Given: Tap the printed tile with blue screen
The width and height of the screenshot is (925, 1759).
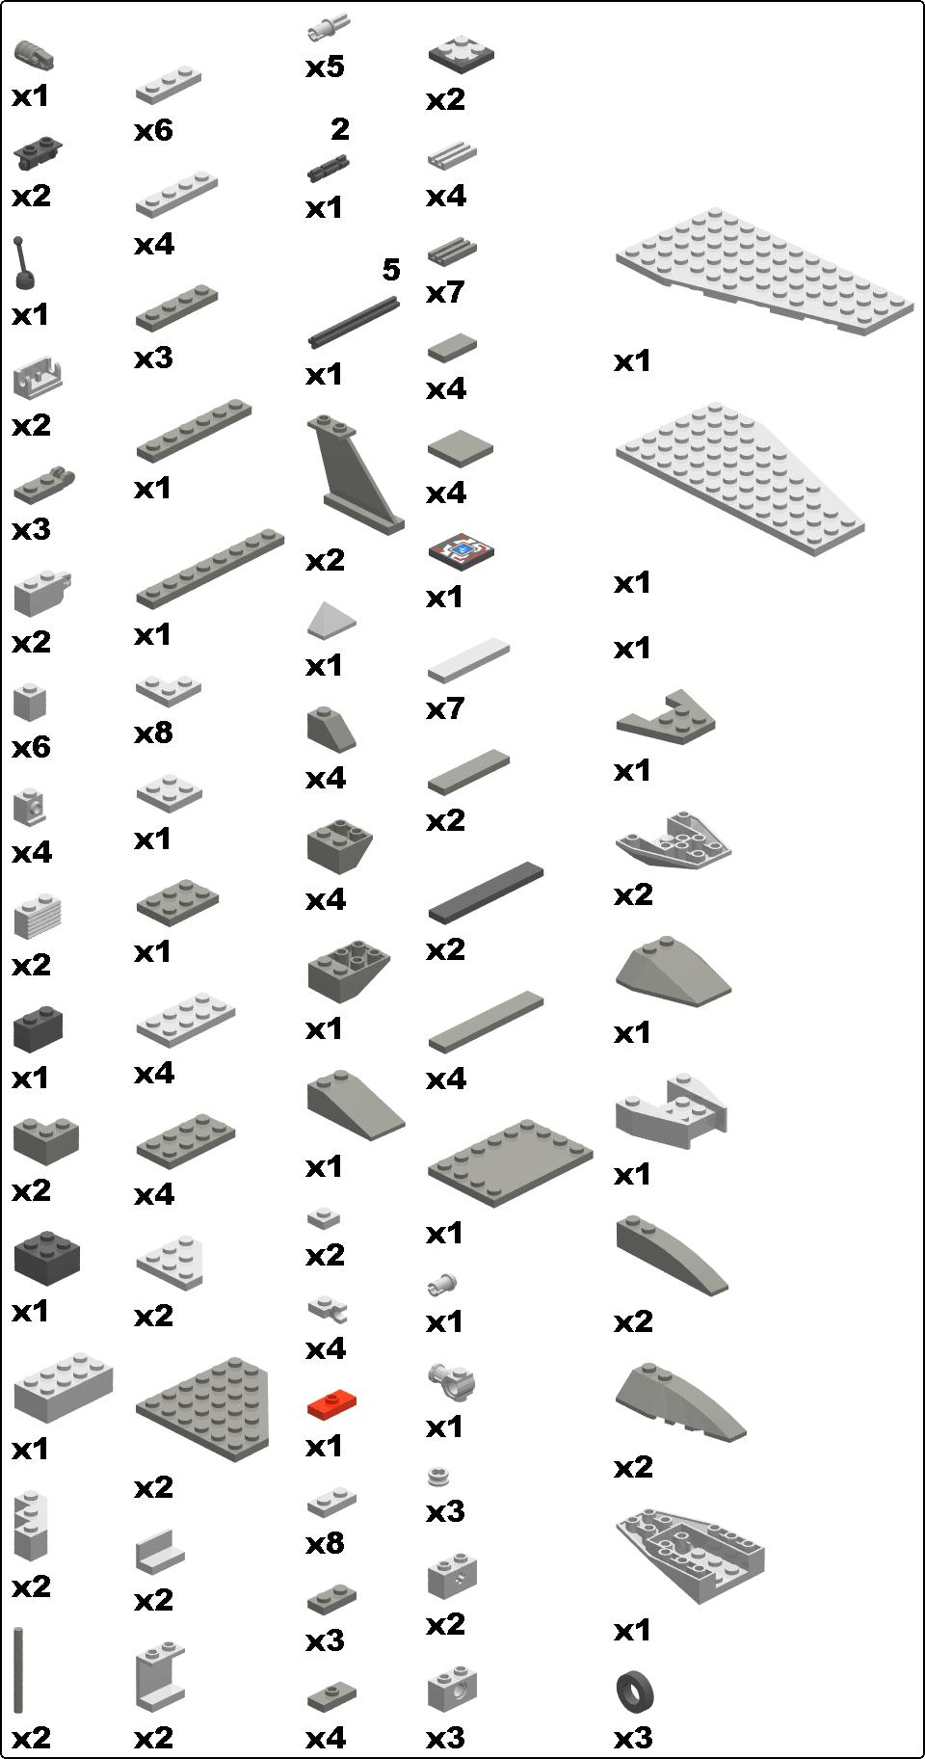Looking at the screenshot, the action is pyautogui.click(x=462, y=552).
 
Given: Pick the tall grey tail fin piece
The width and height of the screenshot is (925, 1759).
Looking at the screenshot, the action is pyautogui.click(x=356, y=473).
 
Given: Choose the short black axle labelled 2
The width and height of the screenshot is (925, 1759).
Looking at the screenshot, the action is pyautogui.click(x=328, y=167).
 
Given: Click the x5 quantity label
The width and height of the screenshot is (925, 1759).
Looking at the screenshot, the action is pyautogui.click(x=325, y=67).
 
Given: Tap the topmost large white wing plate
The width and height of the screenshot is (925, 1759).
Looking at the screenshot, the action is pyautogui.click(x=764, y=269).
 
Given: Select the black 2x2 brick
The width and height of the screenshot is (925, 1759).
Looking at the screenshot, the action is pyautogui.click(x=46, y=1257).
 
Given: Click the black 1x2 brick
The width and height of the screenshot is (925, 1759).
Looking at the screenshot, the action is pyautogui.click(x=39, y=1028).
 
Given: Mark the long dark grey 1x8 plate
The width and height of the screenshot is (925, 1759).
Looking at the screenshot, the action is pyautogui.click(x=210, y=568).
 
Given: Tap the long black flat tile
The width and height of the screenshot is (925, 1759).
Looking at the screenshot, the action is pyautogui.click(x=486, y=892).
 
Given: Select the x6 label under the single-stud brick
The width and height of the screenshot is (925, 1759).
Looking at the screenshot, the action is pyautogui.click(x=31, y=747).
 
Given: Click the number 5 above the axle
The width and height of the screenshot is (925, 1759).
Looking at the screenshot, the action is pyautogui.click(x=390, y=270).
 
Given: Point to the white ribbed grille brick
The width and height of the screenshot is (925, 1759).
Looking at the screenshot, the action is pyautogui.click(x=38, y=917).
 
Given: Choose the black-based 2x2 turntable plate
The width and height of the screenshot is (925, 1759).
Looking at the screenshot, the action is pyautogui.click(x=462, y=52).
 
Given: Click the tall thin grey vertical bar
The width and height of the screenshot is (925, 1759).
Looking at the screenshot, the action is pyautogui.click(x=18, y=1671).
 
